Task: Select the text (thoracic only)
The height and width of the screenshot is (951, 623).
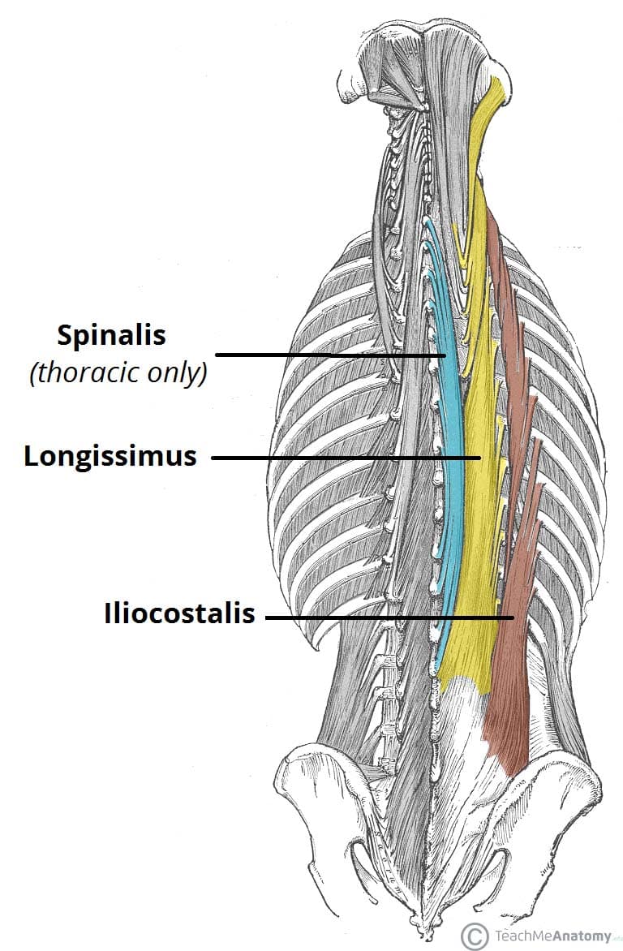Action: pos(118,374)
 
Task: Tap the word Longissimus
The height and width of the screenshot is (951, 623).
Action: pos(110,457)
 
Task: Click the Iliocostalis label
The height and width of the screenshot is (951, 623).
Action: pos(179,614)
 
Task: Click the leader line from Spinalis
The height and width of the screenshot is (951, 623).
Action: pos(324,355)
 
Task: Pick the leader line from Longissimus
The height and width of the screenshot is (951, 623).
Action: pos(341,458)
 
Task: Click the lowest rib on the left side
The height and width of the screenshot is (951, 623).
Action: pos(312,625)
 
